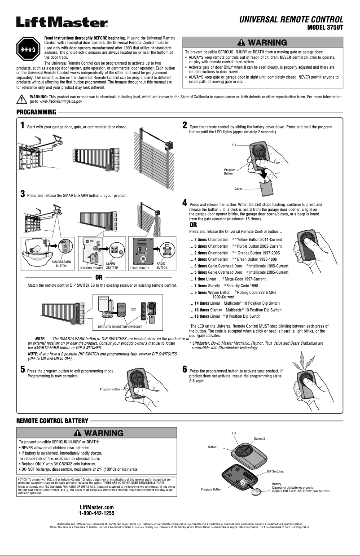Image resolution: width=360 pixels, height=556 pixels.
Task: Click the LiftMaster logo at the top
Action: (62, 22)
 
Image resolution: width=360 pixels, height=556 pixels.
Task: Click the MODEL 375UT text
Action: (325, 28)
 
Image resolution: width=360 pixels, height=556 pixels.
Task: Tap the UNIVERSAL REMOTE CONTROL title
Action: (291, 19)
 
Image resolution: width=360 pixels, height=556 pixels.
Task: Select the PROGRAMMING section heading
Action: (36, 112)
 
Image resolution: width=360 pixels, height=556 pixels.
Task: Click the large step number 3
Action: (22, 194)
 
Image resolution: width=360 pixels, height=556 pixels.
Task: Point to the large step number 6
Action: (184, 369)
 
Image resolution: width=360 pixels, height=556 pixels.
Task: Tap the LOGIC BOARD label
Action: (139, 268)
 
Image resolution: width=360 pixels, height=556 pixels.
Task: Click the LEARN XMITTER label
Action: (112, 266)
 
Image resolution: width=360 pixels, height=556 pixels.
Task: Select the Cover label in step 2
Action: (238, 189)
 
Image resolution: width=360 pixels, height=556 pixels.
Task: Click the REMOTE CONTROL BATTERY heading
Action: (52, 420)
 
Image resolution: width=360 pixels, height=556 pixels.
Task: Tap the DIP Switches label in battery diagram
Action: (275, 472)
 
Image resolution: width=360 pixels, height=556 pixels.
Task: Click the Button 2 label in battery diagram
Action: (259, 438)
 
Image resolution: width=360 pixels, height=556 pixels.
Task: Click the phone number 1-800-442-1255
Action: (97, 513)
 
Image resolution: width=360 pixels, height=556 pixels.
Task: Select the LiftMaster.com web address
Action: (97, 507)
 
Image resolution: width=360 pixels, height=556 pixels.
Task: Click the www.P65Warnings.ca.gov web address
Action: (61, 102)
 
